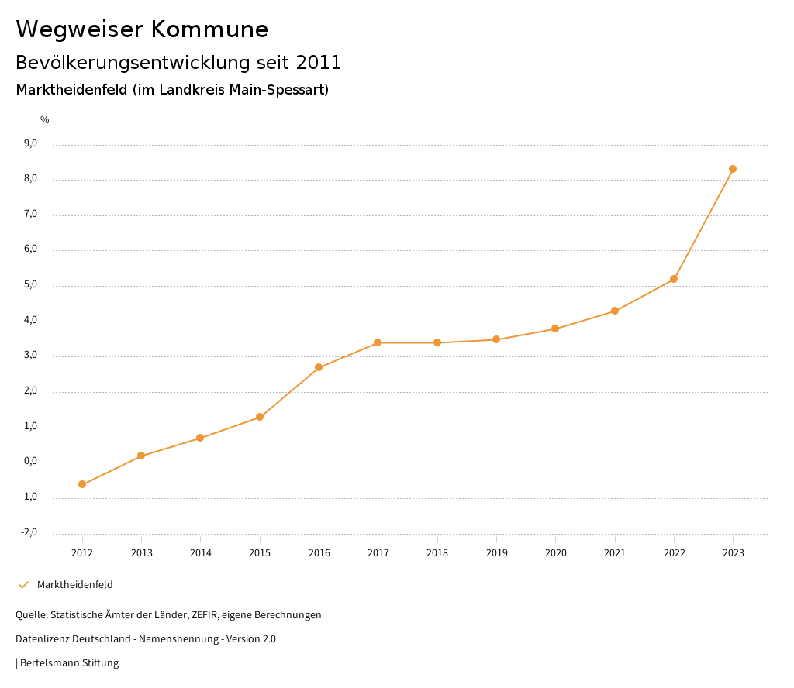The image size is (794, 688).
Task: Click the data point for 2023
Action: point(733,169)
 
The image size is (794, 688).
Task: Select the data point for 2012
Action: point(82,484)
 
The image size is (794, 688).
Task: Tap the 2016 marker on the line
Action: point(319,367)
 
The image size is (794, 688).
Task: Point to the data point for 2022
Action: point(674,279)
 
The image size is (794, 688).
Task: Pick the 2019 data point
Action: point(496,339)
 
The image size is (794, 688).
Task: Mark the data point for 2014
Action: point(200,438)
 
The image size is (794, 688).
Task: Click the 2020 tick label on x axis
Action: point(555,553)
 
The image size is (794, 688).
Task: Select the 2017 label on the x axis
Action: point(378,553)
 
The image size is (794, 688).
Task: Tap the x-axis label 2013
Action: point(141,553)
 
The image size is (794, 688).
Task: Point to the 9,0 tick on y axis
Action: point(31,143)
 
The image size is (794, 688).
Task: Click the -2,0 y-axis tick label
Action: point(29,532)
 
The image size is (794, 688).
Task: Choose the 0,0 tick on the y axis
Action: point(31,462)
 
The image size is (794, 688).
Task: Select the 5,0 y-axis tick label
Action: point(31,285)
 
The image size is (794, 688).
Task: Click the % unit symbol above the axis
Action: point(45,120)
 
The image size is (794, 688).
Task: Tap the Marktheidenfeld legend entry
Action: point(74,585)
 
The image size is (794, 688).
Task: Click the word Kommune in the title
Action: point(209,29)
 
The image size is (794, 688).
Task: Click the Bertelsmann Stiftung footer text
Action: point(69,663)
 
